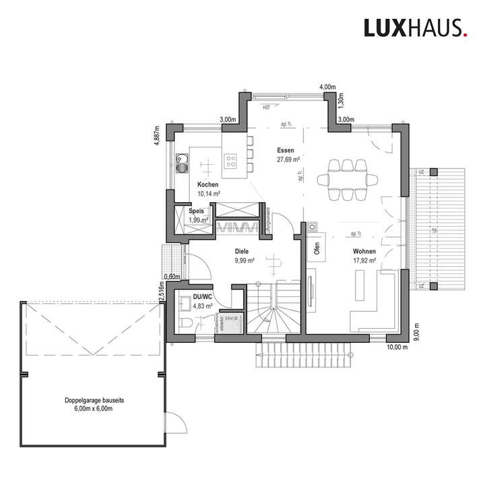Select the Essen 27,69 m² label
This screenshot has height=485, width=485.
288,156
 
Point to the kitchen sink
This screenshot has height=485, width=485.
182,162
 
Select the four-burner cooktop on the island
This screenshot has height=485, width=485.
230,160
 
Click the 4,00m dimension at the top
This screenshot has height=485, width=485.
327,88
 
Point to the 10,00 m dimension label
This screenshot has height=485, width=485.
397,347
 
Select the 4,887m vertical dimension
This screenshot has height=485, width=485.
156,135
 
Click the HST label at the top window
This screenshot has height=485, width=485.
267,106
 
